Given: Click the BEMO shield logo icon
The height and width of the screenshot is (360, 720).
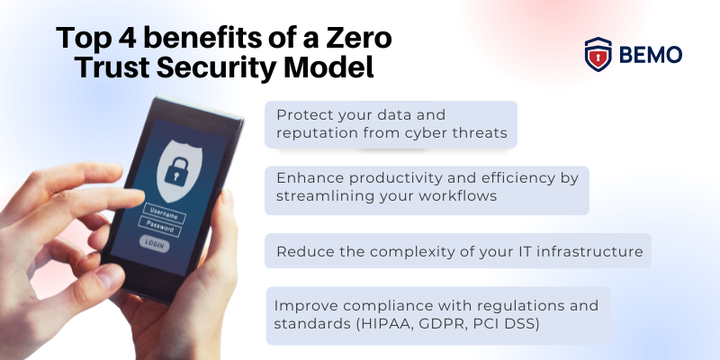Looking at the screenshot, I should coord(598,54).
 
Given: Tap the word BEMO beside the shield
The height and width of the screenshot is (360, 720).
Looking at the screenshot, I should coord(650,55).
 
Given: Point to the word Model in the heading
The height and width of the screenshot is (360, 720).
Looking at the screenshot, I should coord(335,68).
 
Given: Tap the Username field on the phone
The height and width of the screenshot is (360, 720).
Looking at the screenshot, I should coord(165,217).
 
